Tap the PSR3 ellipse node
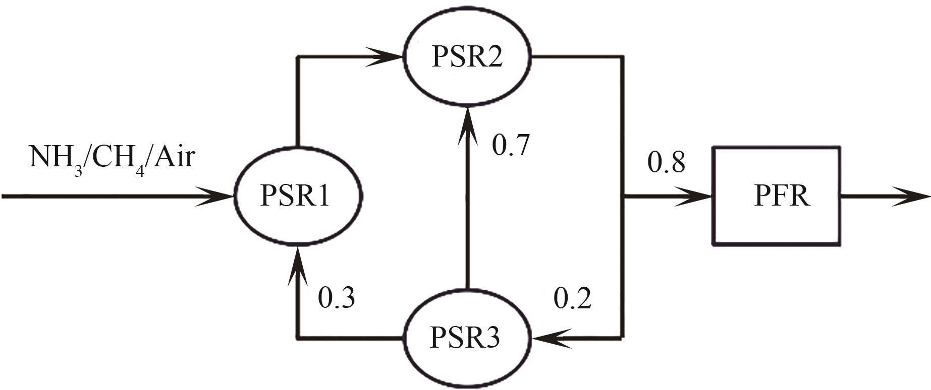(467, 338)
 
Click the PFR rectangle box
(776, 196)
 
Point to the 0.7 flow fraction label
(511, 145)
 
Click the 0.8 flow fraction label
(667, 163)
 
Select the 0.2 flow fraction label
(573, 299)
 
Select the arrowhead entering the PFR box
(694, 196)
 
